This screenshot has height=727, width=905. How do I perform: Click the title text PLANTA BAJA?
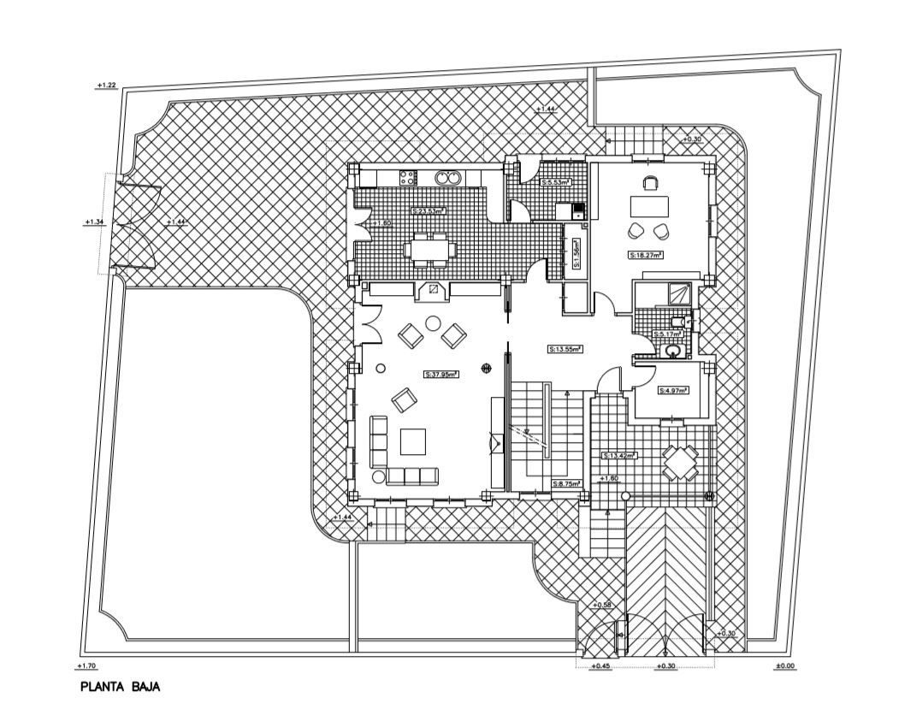pyautogui.click(x=121, y=687)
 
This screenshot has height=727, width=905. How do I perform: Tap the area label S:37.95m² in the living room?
pyautogui.click(x=441, y=374)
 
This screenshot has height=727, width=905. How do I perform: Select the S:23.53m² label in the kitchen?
pyautogui.click(x=429, y=210)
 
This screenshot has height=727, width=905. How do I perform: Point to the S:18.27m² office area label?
pyautogui.click(x=647, y=254)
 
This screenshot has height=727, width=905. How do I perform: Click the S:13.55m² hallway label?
pyautogui.click(x=565, y=349)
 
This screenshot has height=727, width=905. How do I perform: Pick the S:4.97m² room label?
pyautogui.click(x=673, y=390)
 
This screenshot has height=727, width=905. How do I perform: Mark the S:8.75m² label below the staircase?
pyautogui.click(x=566, y=484)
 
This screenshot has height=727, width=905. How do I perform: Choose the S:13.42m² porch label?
pyautogui.click(x=620, y=455)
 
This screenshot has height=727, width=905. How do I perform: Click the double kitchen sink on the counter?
pyautogui.click(x=448, y=178)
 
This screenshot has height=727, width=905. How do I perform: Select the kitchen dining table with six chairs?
pyautogui.click(x=431, y=250)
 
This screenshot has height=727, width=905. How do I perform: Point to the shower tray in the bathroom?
pyautogui.click(x=678, y=293)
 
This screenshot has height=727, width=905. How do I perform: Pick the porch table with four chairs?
pyautogui.click(x=682, y=464)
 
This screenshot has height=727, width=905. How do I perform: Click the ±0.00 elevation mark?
pyautogui.click(x=784, y=666)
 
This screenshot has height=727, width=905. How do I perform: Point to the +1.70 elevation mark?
pyautogui.click(x=86, y=666)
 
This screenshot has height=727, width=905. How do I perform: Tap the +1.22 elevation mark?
pyautogui.click(x=106, y=86)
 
